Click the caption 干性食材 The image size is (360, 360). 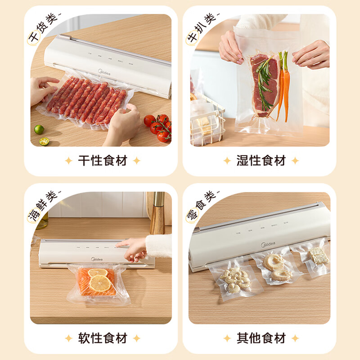click(x=103, y=161)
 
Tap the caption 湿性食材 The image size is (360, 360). click(x=261, y=161)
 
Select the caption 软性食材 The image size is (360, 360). click(x=103, y=338)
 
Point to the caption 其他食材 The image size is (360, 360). click(x=261, y=338)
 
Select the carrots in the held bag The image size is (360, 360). click(x=283, y=85)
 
